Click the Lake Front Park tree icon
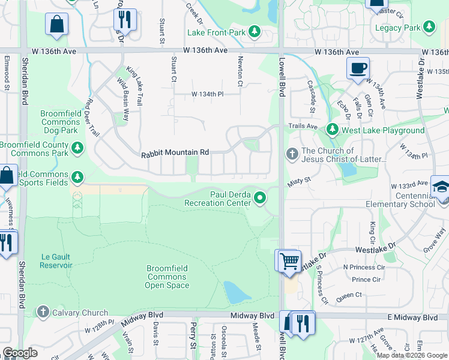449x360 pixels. (x=255, y=31)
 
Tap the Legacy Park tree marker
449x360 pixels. (x=429, y=28)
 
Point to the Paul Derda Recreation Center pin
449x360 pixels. (x=260, y=197)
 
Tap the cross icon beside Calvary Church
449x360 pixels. (x=43, y=312)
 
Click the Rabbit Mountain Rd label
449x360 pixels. (x=175, y=154)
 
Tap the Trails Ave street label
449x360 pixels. (x=303, y=126)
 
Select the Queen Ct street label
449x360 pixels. (x=349, y=295)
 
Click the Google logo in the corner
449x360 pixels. (x=20, y=353)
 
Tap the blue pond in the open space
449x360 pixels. (x=237, y=292)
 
